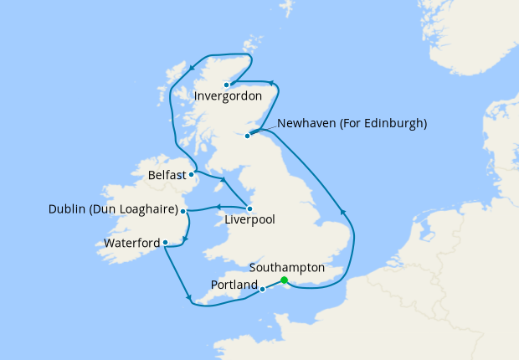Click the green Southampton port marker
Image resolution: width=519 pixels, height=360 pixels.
[285, 280]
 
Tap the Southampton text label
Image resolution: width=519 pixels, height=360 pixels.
[287, 268]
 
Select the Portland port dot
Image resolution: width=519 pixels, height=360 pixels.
[263, 290]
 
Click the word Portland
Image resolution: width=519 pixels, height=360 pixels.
[234, 285]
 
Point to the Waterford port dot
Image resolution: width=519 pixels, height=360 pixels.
[166, 244]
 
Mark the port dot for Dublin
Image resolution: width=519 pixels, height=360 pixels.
[182, 211]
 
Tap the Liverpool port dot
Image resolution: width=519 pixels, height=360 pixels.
[249, 208]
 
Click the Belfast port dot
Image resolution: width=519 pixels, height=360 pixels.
[194, 175]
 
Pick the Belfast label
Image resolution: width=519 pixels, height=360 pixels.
[167, 176]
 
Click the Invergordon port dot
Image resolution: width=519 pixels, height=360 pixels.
[227, 85]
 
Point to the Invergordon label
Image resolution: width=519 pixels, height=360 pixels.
[228, 96]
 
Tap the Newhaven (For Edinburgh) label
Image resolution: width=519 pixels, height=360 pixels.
[352, 123]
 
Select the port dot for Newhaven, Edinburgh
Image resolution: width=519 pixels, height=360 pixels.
[247, 136]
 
